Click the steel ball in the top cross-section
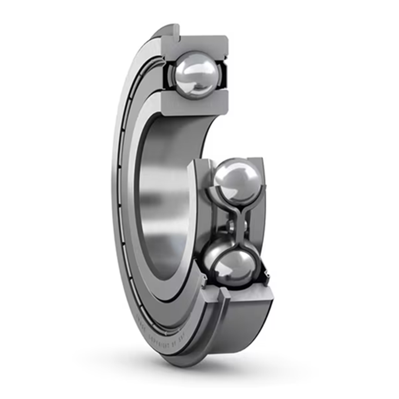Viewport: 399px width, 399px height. [196, 74]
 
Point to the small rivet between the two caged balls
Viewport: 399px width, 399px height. [231, 225]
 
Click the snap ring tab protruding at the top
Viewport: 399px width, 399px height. [170, 30]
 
